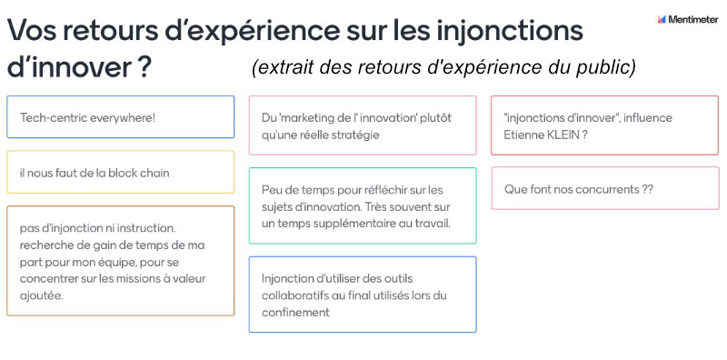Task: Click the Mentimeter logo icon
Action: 662,19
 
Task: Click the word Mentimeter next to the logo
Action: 693,19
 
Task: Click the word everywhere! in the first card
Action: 123,118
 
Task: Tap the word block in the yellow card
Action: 123,173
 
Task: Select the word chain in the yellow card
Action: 154,173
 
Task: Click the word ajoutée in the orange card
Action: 42,296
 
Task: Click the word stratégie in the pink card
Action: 357,135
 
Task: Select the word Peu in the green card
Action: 270,190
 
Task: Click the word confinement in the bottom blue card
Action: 296,312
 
